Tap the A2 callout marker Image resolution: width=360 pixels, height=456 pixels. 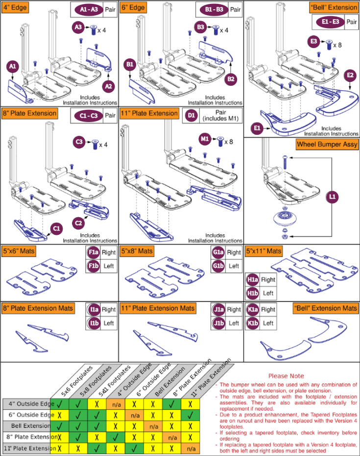[x=109, y=86]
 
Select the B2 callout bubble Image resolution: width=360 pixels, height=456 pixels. [x=232, y=78]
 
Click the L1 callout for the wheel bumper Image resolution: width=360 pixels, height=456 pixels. [x=333, y=196]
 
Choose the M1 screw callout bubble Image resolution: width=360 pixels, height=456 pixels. [x=205, y=139]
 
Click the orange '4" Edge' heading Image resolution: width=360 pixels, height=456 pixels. [x=15, y=7]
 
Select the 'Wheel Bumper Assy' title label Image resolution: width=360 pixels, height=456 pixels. [x=327, y=145]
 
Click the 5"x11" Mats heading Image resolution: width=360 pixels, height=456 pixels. [x=264, y=251]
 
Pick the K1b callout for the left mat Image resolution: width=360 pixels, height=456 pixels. [x=253, y=323]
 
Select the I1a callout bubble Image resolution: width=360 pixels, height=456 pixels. [x=94, y=309]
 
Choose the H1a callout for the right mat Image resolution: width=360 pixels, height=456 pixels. [x=253, y=279]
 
